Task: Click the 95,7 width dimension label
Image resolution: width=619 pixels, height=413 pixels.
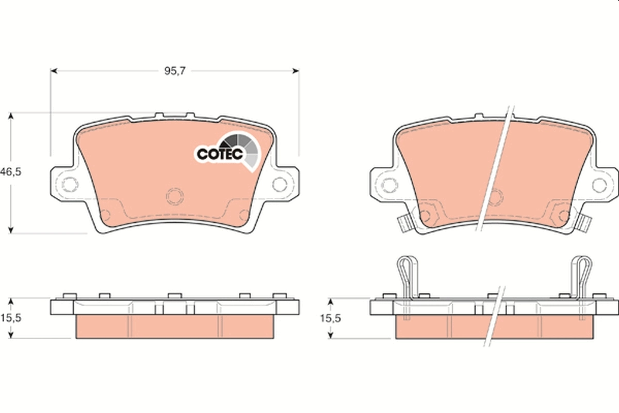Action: (174, 72)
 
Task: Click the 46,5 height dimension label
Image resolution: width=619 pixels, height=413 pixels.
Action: (11, 173)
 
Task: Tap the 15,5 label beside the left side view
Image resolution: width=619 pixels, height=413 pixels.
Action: (11, 318)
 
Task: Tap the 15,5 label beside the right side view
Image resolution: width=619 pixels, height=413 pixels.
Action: (330, 318)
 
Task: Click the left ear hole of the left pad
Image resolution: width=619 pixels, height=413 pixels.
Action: (69, 184)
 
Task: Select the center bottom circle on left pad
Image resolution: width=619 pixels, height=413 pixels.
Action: (174, 196)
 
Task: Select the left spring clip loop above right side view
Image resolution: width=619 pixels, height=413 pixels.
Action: (407, 271)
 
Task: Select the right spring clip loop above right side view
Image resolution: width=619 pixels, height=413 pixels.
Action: (581, 271)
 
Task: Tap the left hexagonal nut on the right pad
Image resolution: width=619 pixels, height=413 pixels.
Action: (426, 212)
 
